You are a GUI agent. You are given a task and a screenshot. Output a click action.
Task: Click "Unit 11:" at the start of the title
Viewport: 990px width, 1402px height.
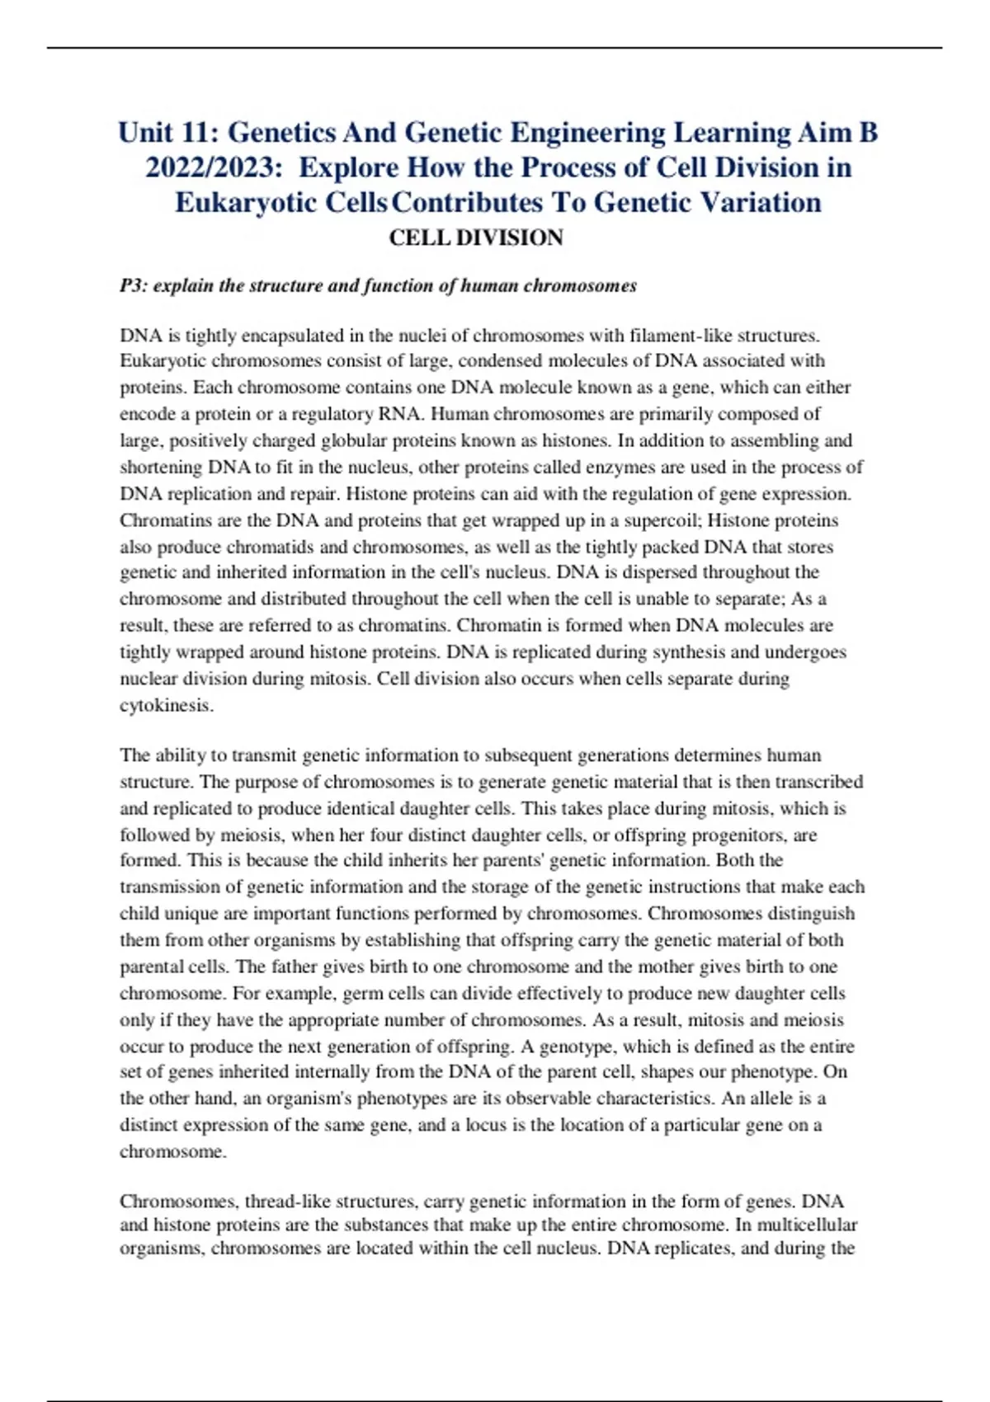[x=168, y=133]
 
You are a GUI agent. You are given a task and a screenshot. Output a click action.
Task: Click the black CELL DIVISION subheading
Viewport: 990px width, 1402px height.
[x=475, y=238]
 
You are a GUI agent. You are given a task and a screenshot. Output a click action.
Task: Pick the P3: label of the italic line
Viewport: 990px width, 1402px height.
[x=134, y=286]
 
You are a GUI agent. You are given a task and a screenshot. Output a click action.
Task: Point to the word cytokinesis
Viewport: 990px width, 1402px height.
[x=166, y=706]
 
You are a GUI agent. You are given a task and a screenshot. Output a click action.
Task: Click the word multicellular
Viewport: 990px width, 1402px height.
[x=807, y=1225]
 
